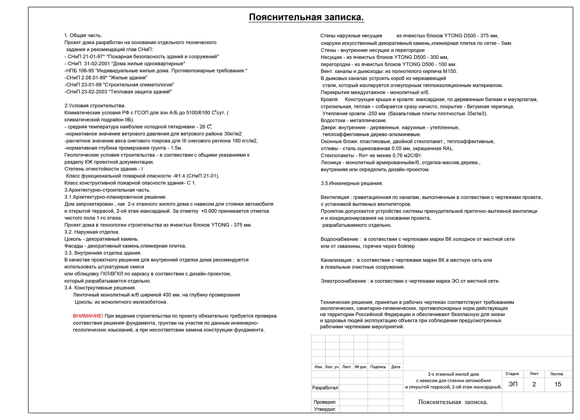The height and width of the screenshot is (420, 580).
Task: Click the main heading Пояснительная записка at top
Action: pyautogui.click(x=306, y=17)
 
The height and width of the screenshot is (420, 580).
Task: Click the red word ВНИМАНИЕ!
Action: pyautogui.click(x=88, y=316)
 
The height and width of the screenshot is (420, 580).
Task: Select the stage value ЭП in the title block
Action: pyautogui.click(x=513, y=384)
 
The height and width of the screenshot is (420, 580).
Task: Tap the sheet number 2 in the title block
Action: pyautogui.click(x=534, y=384)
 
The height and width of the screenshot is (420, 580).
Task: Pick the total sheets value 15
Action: pyautogui.click(x=558, y=384)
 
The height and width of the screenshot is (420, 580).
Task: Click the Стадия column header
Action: pyautogui.click(x=512, y=374)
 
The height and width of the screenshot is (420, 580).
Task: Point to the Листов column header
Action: pyautogui.click(x=556, y=374)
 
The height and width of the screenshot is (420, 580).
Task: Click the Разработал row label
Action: pyautogui.click(x=325, y=388)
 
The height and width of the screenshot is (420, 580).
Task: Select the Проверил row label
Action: pyautogui.click(x=325, y=402)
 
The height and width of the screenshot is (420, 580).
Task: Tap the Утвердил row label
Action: pyautogui.click(x=325, y=409)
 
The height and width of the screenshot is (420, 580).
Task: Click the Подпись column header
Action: pyautogui.click(x=378, y=367)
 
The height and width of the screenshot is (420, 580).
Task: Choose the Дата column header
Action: pyautogui.click(x=396, y=367)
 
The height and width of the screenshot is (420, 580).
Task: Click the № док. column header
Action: pyautogui.click(x=361, y=367)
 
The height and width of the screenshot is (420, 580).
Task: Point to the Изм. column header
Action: pyautogui.click(x=319, y=367)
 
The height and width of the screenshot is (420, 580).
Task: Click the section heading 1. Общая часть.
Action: pyautogui.click(x=83, y=36)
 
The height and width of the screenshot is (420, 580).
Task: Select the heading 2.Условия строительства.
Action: pyautogui.click(x=95, y=106)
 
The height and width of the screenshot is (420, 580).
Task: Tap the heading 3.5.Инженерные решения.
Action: pyautogui.click(x=352, y=184)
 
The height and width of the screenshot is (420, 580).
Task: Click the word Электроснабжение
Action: pyautogui.click(x=343, y=281)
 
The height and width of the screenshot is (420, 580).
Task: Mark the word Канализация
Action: pyautogui.click(x=336, y=260)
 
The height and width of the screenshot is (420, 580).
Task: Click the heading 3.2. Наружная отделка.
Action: pyautogui.click(x=92, y=232)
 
